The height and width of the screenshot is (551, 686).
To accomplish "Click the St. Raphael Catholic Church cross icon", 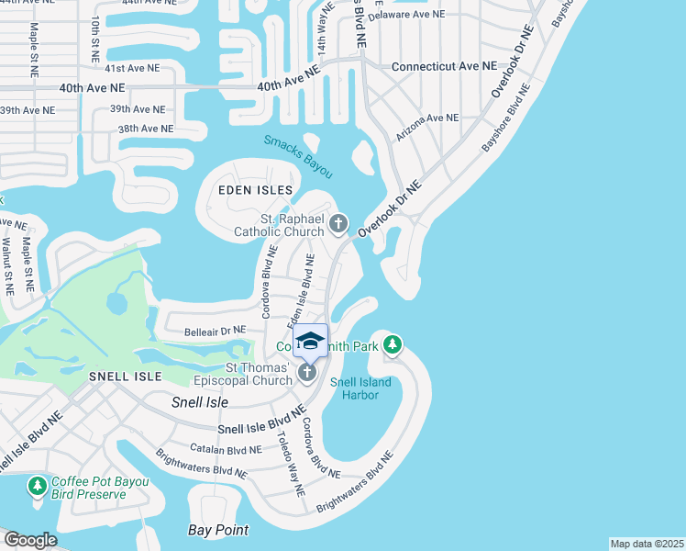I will coord(338,222).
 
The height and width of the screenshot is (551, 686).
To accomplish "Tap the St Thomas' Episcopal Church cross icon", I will coord(306,372).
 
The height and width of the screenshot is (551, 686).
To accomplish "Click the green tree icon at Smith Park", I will coord(393,345).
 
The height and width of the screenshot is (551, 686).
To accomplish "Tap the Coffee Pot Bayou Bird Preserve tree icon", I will coord(38,486).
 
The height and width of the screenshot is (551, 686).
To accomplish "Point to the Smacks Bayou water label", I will coord(298,156).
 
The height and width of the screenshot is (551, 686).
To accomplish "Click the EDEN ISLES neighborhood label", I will coord(255,190).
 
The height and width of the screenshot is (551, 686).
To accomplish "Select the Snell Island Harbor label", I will coord(360,389).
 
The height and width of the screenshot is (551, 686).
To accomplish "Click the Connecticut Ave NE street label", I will coord(444,67).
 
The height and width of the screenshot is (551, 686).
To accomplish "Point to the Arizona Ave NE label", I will coord(426,125).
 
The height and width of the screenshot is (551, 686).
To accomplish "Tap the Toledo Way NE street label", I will coord(291,464).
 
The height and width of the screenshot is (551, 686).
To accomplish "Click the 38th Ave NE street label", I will coord(146,129).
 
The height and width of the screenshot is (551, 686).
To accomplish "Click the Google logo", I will coord(30,540).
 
